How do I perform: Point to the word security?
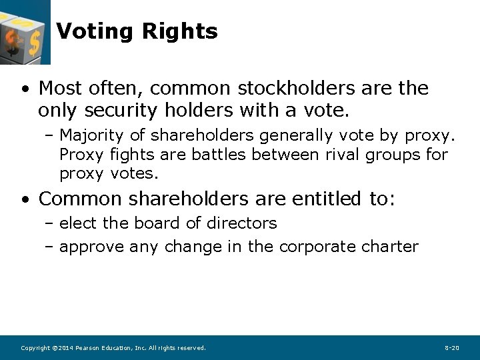tap(107, 110)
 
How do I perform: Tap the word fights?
tap(126, 155)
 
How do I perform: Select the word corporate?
tap(318, 247)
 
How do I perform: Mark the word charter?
tap(390, 247)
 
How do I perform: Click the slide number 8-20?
tap(451, 348)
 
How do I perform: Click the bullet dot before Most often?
tap(25, 89)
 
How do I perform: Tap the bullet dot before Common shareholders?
tap(25, 199)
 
